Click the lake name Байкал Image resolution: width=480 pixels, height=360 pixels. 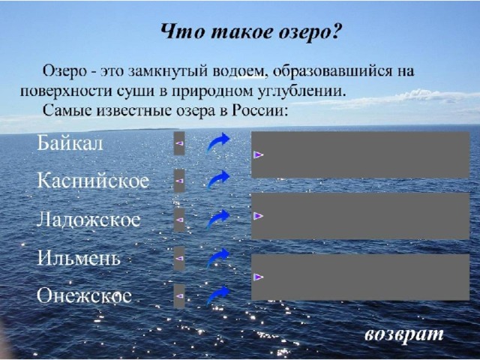click(x=70, y=143)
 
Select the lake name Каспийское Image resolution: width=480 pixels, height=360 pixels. click(x=93, y=181)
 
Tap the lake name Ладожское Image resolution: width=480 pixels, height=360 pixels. click(x=88, y=220)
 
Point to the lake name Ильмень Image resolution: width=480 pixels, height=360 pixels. click(x=79, y=258)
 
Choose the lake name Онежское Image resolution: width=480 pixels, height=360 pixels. click(x=85, y=295)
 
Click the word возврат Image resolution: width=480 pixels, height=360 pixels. click(x=404, y=334)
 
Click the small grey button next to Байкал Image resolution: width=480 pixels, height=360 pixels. click(x=179, y=143)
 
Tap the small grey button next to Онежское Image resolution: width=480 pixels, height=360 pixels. click(x=179, y=296)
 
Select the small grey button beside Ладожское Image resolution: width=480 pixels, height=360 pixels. click(x=179, y=220)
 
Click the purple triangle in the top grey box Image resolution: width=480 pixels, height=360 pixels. click(x=258, y=155)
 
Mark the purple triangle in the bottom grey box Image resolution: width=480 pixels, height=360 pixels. click(x=258, y=277)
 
